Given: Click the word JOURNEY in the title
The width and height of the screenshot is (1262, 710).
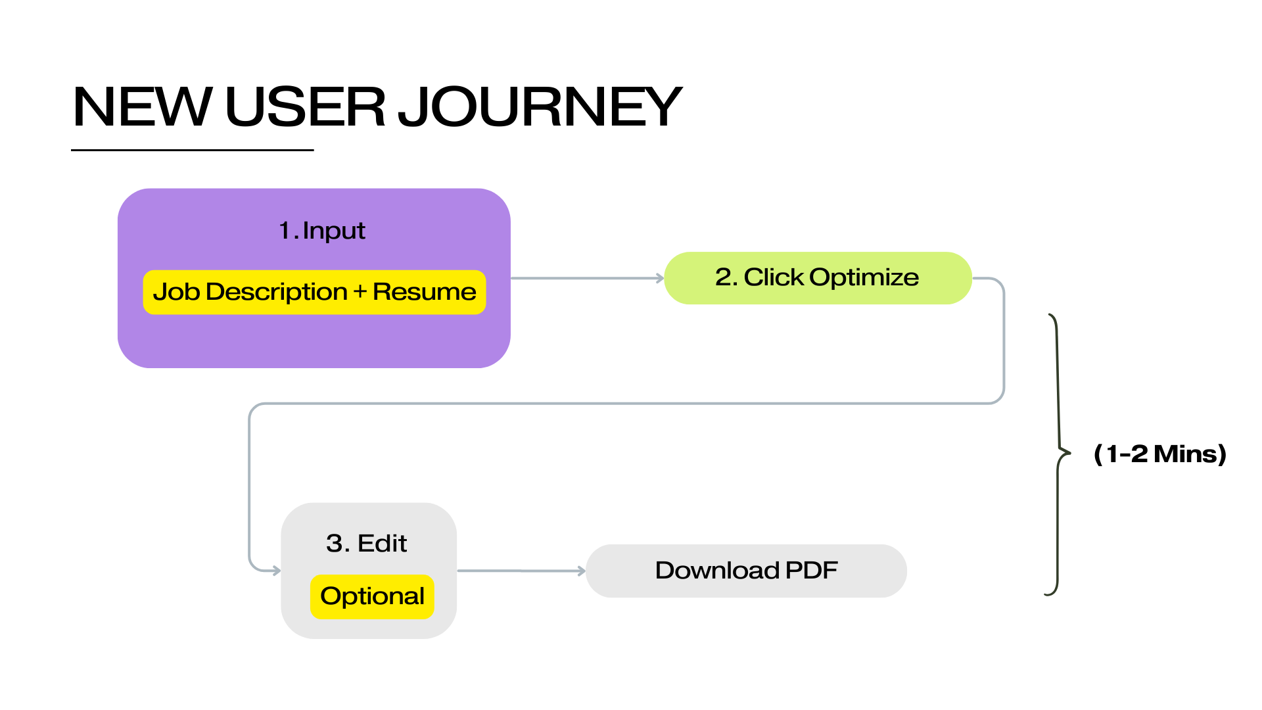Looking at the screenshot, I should [x=540, y=106].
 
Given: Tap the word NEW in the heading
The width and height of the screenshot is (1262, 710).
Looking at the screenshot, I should [x=142, y=106].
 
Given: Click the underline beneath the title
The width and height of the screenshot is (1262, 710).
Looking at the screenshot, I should [x=192, y=150].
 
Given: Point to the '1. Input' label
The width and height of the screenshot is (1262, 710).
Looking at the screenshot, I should [x=321, y=231].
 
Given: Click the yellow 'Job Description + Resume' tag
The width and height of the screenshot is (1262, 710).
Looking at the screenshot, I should [x=314, y=292].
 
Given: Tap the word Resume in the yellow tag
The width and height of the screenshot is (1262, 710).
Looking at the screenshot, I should [x=424, y=292].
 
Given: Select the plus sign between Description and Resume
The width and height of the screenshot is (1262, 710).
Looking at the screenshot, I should [x=360, y=292].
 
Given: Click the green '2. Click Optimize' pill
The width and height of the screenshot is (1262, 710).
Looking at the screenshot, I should [x=818, y=277].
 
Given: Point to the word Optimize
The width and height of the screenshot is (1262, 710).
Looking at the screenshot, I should [x=864, y=277].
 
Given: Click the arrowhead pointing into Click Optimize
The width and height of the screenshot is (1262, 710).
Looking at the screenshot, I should [x=660, y=278].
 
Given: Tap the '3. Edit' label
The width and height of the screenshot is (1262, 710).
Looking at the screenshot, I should [x=366, y=544].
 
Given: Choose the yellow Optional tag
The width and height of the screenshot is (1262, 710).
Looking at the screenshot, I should [x=372, y=596].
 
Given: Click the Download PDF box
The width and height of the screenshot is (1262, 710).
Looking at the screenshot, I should [x=746, y=571].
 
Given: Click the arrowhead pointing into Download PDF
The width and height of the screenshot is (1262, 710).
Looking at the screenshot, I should [x=581, y=571].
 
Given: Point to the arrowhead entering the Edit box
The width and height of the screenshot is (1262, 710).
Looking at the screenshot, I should [x=277, y=571].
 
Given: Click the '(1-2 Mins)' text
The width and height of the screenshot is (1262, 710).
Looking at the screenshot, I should [x=1160, y=454].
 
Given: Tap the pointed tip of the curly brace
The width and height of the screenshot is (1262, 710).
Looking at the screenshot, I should [x=1069, y=452].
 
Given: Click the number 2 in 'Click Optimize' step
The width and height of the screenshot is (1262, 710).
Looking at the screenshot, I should [x=723, y=277].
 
